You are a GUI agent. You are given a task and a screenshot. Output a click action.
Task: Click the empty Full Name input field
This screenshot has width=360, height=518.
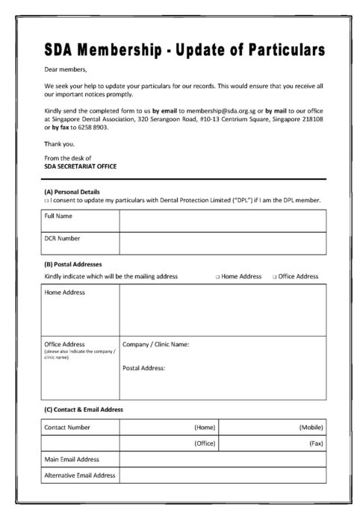click(x=222, y=221)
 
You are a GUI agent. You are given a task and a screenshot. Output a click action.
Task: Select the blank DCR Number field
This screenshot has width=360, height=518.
click(x=222, y=243)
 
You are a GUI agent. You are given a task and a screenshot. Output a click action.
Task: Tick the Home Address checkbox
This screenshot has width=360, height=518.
click(x=217, y=276)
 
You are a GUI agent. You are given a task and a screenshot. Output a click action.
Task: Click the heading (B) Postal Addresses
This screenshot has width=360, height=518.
click(x=72, y=264)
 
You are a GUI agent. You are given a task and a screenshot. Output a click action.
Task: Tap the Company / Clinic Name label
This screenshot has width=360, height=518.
click(x=155, y=344)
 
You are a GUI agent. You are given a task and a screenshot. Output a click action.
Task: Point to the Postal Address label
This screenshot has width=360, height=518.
click(x=143, y=368)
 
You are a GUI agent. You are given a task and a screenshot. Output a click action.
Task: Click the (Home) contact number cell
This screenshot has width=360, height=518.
click(x=169, y=427)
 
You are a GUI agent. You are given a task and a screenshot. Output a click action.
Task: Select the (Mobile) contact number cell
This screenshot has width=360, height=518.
click(x=272, y=427)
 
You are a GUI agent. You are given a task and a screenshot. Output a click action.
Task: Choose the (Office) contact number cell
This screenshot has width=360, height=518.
click(x=169, y=443)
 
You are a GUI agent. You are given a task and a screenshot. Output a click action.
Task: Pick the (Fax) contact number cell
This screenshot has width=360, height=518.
click(x=272, y=443)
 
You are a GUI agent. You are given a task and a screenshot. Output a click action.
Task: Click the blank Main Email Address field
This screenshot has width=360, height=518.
click(x=222, y=459)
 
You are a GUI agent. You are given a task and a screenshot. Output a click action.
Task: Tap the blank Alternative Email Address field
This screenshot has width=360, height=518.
click(x=222, y=475)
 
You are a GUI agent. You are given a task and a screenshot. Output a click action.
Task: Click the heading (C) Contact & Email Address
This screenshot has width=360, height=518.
click(x=83, y=409)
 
